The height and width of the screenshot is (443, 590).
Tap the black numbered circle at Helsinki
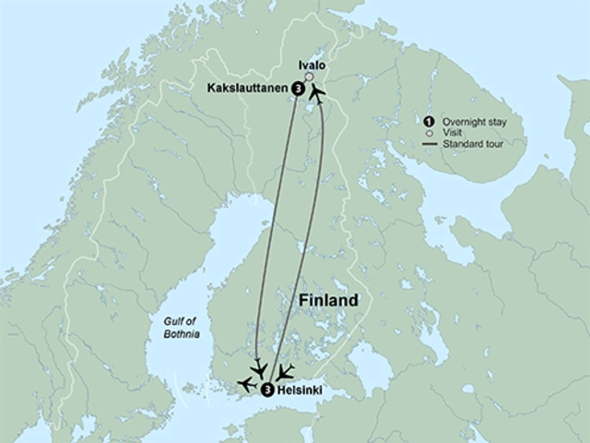[267, 390]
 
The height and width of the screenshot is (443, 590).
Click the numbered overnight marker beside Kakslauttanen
[298, 89]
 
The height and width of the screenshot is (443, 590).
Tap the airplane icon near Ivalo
[318, 93]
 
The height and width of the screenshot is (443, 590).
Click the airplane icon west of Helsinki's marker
[245, 382]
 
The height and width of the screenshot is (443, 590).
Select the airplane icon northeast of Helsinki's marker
[286, 372]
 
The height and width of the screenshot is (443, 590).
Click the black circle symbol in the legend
[428, 121]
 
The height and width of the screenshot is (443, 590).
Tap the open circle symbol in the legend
[428, 133]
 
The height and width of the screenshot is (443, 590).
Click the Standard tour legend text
[472, 145]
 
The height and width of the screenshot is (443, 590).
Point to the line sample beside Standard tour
[428, 145]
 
